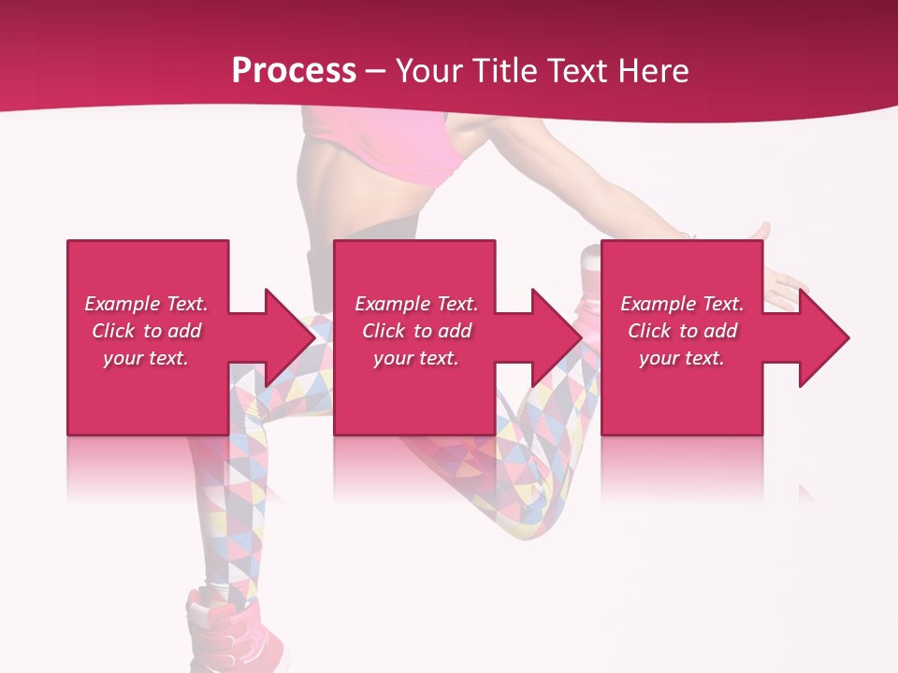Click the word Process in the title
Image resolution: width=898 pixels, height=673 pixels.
[x=294, y=71]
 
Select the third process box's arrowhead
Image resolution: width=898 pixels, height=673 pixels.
[x=822, y=337]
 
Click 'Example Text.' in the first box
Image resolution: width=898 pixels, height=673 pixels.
[x=147, y=304]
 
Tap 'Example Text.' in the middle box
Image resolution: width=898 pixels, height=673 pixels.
[x=416, y=304]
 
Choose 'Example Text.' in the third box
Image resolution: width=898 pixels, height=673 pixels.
[x=682, y=304]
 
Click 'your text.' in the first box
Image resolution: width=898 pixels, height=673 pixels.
[x=146, y=358]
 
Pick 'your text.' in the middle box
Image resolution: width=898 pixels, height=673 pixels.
[x=415, y=358]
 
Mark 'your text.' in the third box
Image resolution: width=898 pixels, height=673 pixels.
[x=681, y=358]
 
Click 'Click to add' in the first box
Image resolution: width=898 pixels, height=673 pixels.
[x=147, y=331]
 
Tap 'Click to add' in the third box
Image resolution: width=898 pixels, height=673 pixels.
[x=682, y=331]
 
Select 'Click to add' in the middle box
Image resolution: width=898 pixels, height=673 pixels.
[x=416, y=331]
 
